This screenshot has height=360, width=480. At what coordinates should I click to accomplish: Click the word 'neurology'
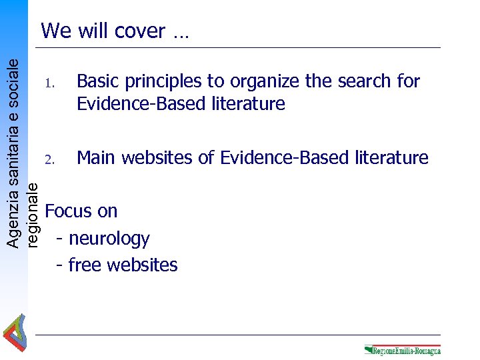tap(109, 239)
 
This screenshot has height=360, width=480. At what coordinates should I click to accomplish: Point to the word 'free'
tap(83, 265)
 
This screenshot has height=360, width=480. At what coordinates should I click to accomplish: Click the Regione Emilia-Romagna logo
tap(403, 350)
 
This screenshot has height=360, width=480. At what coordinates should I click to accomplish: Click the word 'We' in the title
tap(55, 31)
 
